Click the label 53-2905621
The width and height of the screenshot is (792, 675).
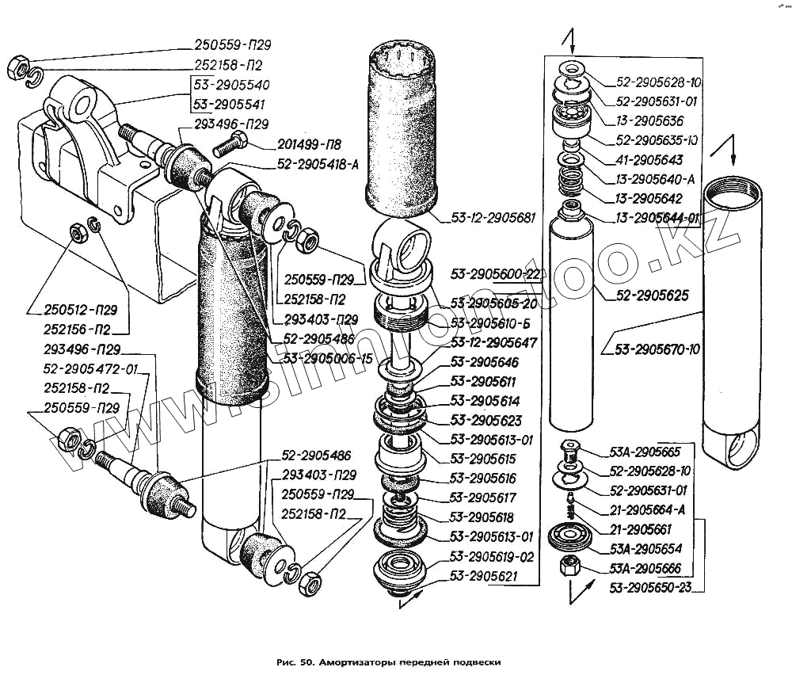(483, 576)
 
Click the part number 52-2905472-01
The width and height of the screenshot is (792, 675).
(91, 368)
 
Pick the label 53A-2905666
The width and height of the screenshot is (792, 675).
(646, 568)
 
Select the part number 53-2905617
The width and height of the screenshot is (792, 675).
(483, 498)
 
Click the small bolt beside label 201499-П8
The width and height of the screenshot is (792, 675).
(235, 143)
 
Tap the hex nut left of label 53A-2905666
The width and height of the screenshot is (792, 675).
(568, 567)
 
